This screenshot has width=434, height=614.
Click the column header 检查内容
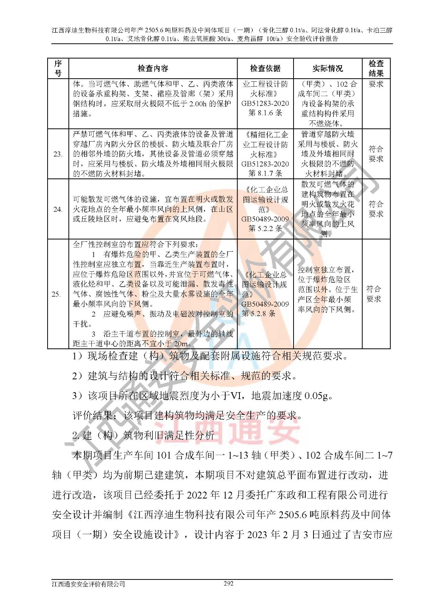pyautogui.click(x=153, y=69)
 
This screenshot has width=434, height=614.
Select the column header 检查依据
pyautogui.click(x=265, y=69)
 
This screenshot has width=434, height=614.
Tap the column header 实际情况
pyautogui.click(x=328, y=69)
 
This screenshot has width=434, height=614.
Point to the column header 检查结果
pyautogui.click(x=376, y=69)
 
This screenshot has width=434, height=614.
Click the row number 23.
pyautogui.click(x=58, y=154)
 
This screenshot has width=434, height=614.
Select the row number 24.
pyautogui.click(x=58, y=210)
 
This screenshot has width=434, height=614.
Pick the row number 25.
pyautogui.click(x=56, y=294)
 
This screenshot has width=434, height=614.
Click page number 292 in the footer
pyautogui.click(x=228, y=584)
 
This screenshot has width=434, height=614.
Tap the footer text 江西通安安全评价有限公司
pyautogui.click(x=89, y=584)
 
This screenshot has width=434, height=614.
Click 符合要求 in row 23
pyautogui.click(x=376, y=154)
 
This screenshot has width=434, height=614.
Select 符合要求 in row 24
pyautogui.click(x=376, y=209)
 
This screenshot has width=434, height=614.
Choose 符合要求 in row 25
pyautogui.click(x=374, y=294)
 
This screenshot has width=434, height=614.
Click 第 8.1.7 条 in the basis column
pyautogui.click(x=265, y=173)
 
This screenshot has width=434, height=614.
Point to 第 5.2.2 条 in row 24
pyautogui.click(x=265, y=229)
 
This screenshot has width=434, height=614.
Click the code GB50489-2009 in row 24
pyautogui.click(x=265, y=219)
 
